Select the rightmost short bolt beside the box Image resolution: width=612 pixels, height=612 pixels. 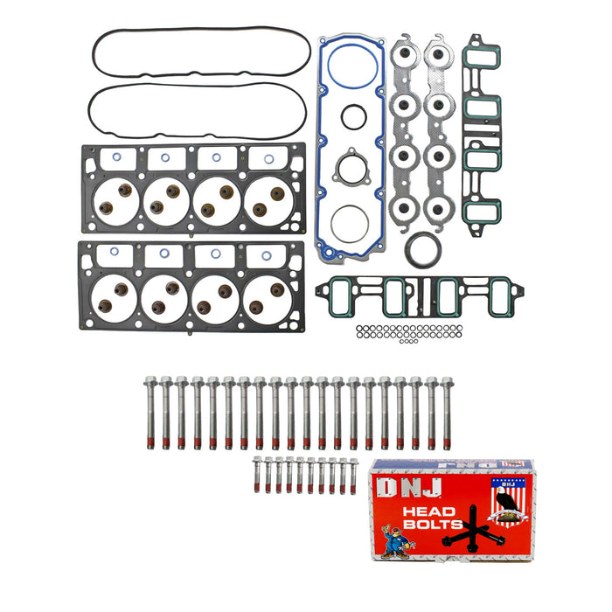pos(354,476)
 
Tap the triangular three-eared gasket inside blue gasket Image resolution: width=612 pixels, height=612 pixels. pos(351,167)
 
